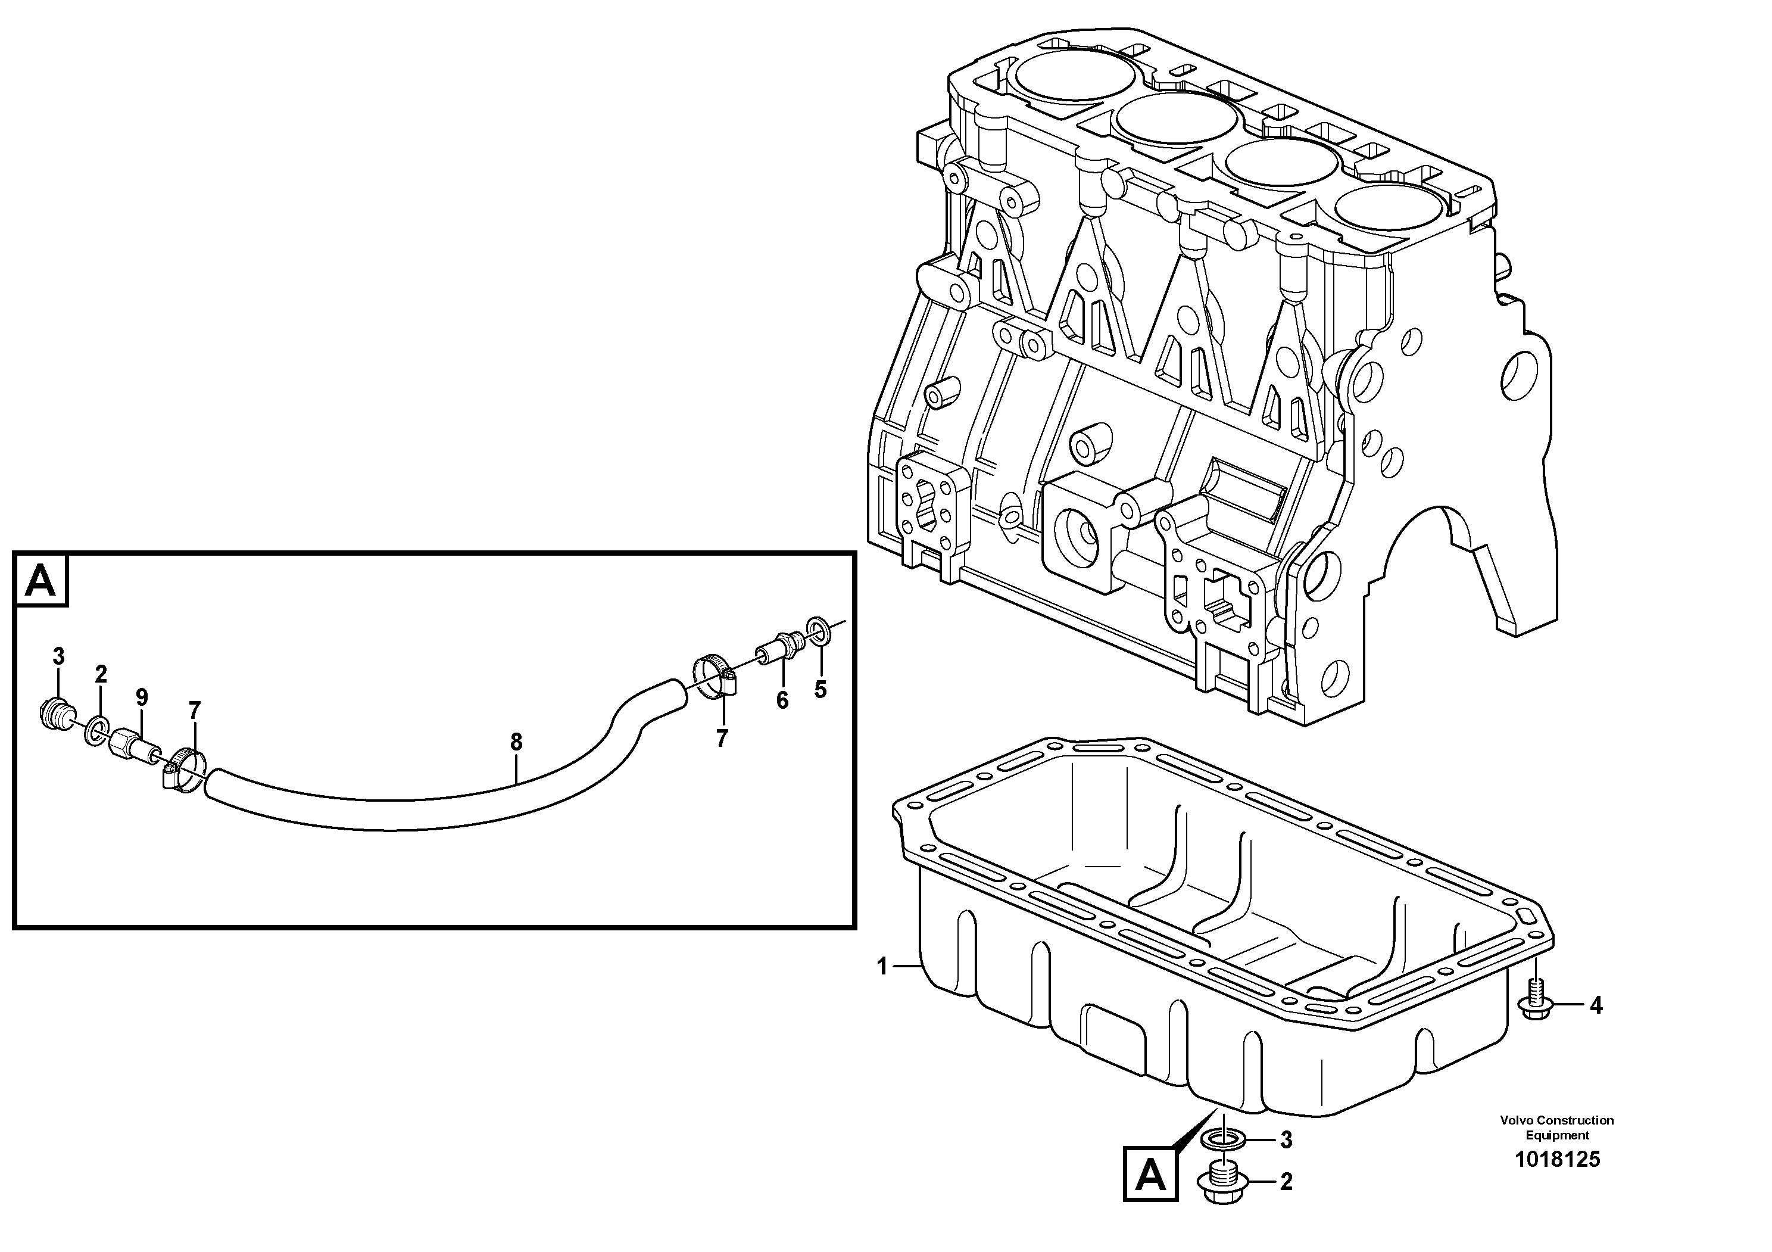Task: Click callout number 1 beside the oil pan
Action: click(882, 967)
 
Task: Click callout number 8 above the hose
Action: click(516, 743)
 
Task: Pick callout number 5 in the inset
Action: click(820, 689)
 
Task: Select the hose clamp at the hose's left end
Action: click(185, 770)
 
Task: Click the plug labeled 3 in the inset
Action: click(54, 712)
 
